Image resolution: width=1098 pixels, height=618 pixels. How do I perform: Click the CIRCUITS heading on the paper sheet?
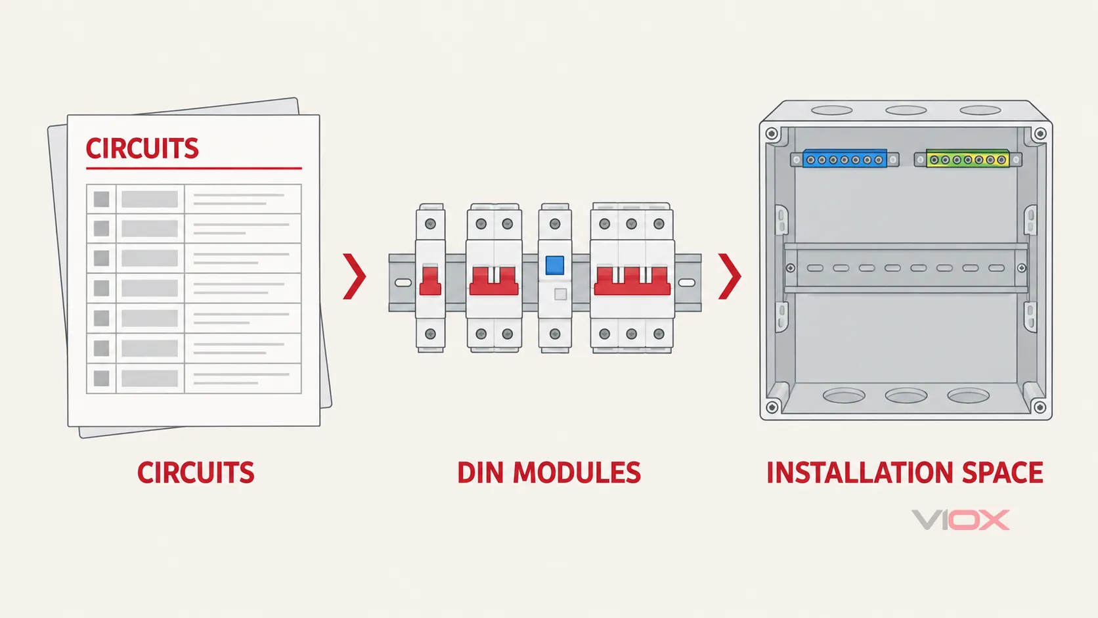click(x=142, y=148)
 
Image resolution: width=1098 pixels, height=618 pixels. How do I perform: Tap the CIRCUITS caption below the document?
click(x=196, y=472)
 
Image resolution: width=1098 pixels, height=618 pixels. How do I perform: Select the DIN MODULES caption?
click(x=548, y=472)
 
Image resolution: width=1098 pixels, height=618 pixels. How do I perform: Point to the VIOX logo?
click(x=960, y=519)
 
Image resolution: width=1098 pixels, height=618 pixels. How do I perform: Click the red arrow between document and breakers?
click(x=355, y=276)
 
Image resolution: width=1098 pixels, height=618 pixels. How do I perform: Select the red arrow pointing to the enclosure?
click(x=730, y=276)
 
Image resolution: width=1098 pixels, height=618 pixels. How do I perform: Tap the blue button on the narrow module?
click(x=554, y=265)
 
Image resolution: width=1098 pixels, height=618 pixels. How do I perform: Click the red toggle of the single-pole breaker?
click(x=430, y=280)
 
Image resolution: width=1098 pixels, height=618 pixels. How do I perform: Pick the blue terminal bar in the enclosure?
click(x=844, y=160)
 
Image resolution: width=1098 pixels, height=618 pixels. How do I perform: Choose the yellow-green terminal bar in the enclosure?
click(x=967, y=160)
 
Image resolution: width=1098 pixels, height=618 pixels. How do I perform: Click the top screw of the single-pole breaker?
click(x=430, y=224)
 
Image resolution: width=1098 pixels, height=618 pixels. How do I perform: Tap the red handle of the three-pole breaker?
click(x=632, y=281)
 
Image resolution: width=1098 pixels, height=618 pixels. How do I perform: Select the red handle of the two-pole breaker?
click(x=494, y=281)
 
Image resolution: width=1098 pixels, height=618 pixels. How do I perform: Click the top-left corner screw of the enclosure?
click(x=772, y=133)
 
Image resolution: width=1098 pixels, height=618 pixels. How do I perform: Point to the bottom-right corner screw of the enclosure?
click(x=1040, y=407)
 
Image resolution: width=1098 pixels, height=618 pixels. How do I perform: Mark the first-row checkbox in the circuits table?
click(x=102, y=199)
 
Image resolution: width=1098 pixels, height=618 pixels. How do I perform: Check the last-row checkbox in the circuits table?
click(x=102, y=378)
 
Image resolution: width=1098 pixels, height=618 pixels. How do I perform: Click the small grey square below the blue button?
click(x=560, y=294)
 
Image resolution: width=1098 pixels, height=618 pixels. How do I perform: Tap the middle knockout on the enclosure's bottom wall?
click(x=906, y=395)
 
